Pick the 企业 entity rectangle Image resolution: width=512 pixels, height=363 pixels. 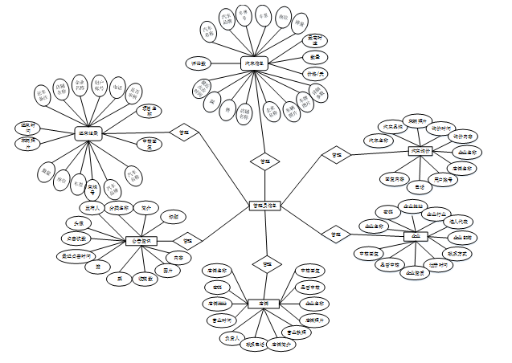(x=416, y=236)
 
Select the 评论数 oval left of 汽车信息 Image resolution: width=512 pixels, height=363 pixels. (x=198, y=62)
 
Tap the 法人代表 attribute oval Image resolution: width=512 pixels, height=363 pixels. (x=464, y=220)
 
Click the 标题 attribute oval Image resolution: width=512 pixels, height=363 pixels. (x=172, y=217)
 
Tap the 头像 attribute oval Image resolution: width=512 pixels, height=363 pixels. (x=79, y=222)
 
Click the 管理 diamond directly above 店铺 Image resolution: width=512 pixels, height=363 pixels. (x=267, y=263)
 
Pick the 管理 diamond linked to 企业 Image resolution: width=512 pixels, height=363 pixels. (x=331, y=235)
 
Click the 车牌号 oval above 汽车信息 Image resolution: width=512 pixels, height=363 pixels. (x=243, y=14)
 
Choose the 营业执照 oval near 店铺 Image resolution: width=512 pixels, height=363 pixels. (x=293, y=331)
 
